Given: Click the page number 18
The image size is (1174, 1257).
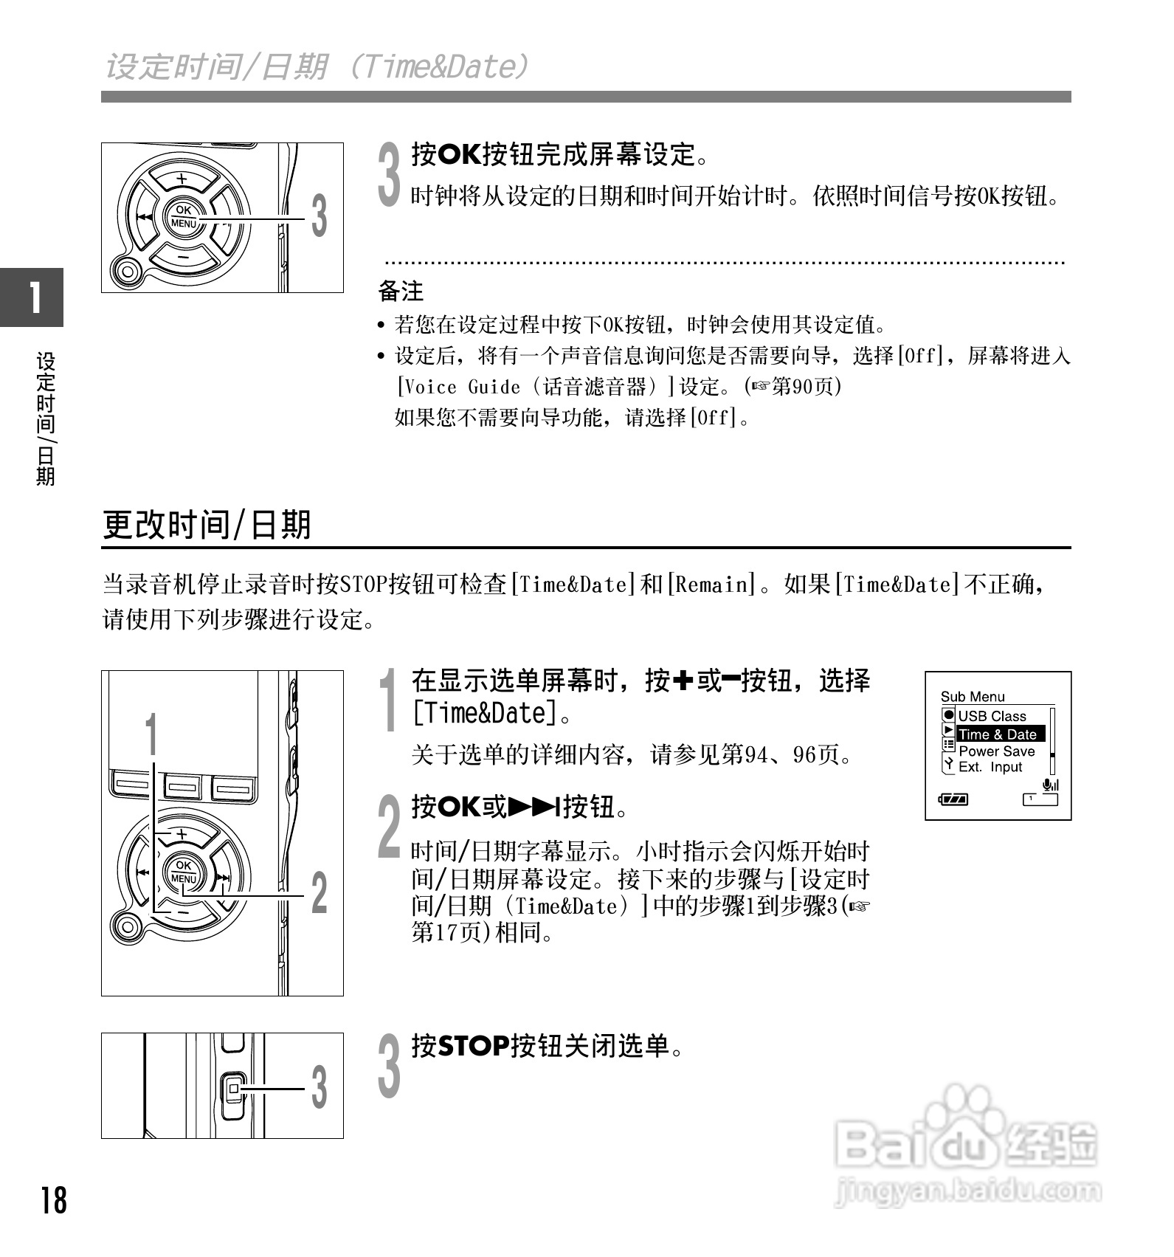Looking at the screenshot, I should pyautogui.click(x=54, y=1201).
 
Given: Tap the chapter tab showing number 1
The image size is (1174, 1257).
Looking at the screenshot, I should pyautogui.click(x=32, y=297).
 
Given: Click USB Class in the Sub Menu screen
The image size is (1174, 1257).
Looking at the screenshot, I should pyautogui.click(x=992, y=716).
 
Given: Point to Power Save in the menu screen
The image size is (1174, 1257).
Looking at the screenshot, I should pyautogui.click(x=996, y=751).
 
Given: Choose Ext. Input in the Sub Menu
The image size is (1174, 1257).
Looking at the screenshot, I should pyautogui.click(x=990, y=768).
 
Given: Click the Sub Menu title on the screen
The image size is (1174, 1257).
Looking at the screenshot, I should pyautogui.click(x=972, y=697).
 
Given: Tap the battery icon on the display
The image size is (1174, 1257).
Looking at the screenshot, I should pyautogui.click(x=953, y=799).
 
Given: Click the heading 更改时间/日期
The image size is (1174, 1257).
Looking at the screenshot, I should pyautogui.click(x=207, y=525).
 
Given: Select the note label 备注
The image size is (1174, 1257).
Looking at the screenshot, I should pyautogui.click(x=401, y=292).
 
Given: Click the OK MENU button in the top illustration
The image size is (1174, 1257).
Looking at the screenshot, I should pyautogui.click(x=183, y=218).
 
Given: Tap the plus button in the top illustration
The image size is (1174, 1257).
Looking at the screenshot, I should pyautogui.click(x=182, y=179).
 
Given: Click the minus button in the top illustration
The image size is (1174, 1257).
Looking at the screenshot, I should pyautogui.click(x=182, y=258).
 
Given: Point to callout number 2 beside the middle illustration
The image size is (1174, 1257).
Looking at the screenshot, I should pyautogui.click(x=319, y=893).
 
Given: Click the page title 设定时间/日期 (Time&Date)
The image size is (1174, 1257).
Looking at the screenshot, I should pyautogui.click(x=317, y=66).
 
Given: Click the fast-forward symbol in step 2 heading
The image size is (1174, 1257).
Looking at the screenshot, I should pyautogui.click(x=535, y=807).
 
